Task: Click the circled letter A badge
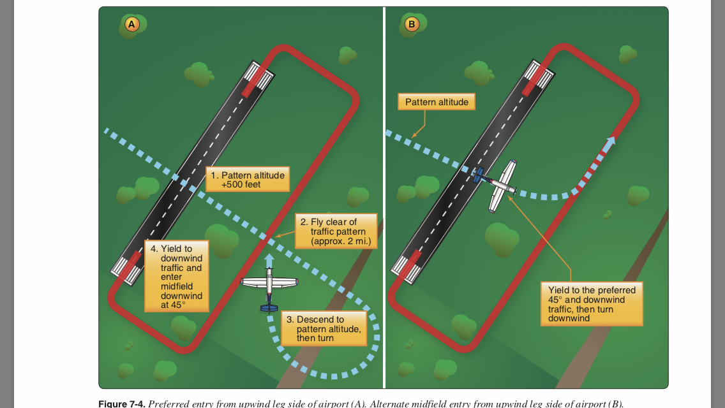(x=131, y=24)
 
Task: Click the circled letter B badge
(x=412, y=24)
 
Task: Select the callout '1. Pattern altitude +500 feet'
(x=248, y=179)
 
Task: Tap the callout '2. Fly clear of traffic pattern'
(x=335, y=231)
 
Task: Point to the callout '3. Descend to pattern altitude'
(x=324, y=328)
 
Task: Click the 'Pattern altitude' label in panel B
(x=437, y=102)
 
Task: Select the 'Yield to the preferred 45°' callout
(x=591, y=303)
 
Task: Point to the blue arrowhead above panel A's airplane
(x=269, y=259)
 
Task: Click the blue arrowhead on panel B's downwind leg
(x=611, y=142)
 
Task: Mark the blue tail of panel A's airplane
(x=269, y=308)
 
